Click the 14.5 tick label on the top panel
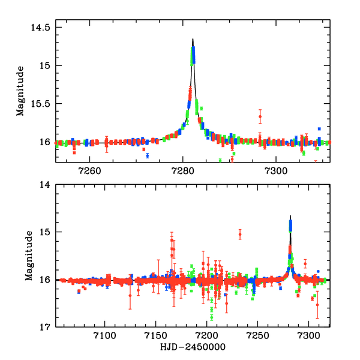(x=40, y=27)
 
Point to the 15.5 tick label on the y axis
(x=40, y=103)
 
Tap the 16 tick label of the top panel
(x=44, y=142)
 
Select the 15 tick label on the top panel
(x=44, y=65)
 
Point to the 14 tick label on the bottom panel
(x=45, y=185)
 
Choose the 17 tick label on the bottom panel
(x=45, y=327)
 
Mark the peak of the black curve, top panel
(x=193, y=40)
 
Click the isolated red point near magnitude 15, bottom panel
(x=240, y=234)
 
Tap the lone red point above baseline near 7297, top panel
(x=260, y=116)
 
